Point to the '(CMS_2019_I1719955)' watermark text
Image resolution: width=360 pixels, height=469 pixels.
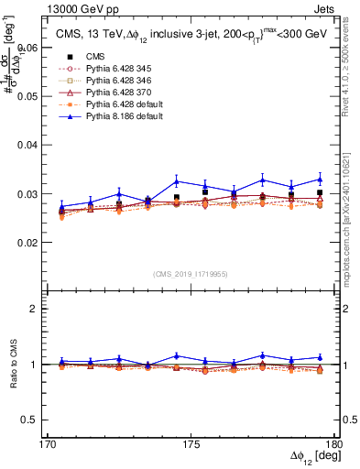tap(191, 273)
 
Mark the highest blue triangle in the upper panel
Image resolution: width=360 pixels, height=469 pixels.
tap(320, 179)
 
